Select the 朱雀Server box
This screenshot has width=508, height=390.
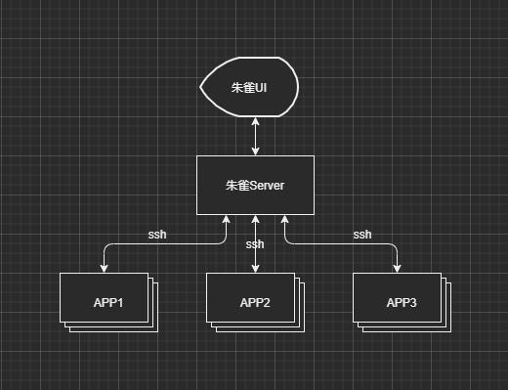[x=255, y=185]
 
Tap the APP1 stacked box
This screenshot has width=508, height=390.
[x=106, y=302]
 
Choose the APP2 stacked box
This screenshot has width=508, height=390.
[x=253, y=302]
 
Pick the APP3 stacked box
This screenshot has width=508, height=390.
[x=400, y=302]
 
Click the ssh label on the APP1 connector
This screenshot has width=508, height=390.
[x=157, y=235]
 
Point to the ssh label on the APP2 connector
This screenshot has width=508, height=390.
[x=255, y=244]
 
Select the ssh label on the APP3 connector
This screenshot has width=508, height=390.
[x=362, y=235]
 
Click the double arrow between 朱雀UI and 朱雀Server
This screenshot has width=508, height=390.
[x=256, y=136]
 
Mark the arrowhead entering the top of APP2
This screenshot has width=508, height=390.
[x=255, y=267]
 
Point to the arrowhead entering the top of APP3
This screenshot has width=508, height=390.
[x=398, y=267]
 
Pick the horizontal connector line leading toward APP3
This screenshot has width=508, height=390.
[x=342, y=243]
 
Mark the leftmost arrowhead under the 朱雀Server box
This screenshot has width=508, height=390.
[x=227, y=221]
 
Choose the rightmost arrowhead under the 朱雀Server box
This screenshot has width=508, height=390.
[x=285, y=221]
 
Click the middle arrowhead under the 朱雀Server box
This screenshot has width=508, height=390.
[x=255, y=221]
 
